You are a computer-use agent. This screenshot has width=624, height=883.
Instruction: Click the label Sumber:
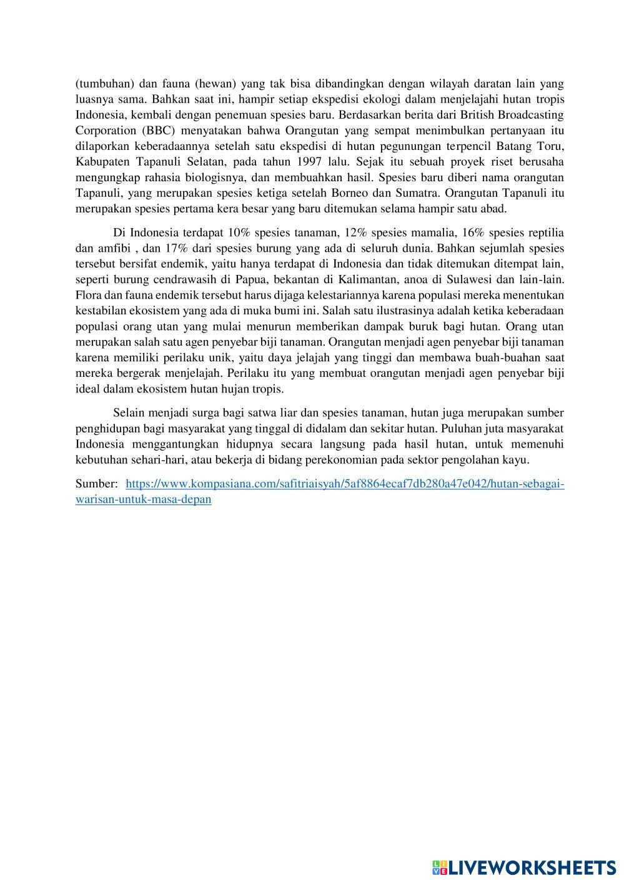[x=96, y=484]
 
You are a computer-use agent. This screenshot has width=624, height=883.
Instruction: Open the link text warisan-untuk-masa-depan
[x=143, y=499]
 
